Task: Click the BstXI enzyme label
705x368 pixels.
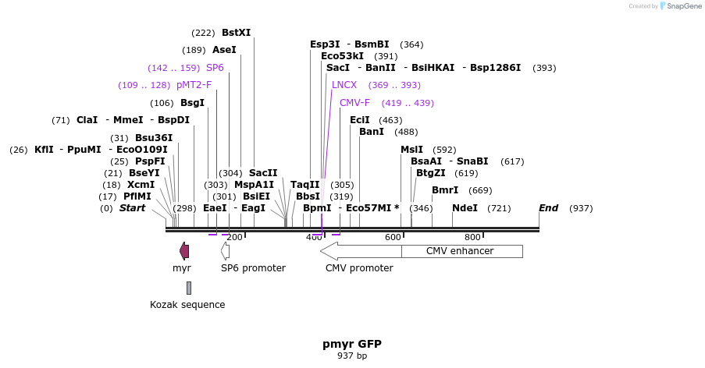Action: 236,33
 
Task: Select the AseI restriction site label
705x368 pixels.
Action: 224,50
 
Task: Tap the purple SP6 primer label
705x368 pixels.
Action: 215,68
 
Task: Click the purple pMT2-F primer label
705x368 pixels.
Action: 194,85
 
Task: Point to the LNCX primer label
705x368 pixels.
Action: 344,85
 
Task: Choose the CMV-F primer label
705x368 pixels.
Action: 354,103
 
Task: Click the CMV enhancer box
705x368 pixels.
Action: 461,251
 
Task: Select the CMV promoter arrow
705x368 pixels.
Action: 359,251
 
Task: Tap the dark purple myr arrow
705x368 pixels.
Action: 184,251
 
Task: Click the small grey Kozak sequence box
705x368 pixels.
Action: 188,288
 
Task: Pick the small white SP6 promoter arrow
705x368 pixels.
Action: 225,251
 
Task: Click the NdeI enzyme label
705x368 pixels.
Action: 465,208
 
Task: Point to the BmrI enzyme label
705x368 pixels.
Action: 445,190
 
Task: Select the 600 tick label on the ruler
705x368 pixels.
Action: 393,237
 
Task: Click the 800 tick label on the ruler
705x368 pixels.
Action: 472,237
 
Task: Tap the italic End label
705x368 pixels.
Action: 548,208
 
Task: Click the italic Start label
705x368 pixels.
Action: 132,208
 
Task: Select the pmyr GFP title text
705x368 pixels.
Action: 351,344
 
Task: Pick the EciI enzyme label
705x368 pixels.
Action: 359,120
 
